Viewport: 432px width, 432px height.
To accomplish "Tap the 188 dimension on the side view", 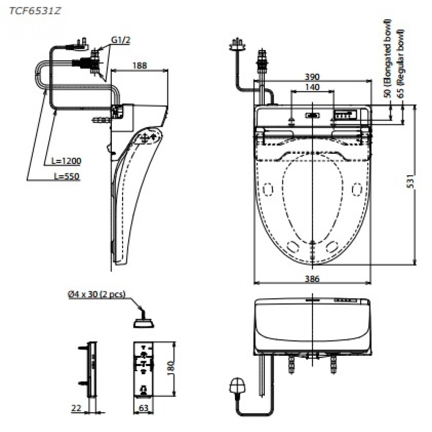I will [140, 66].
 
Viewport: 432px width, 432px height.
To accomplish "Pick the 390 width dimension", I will [311, 76].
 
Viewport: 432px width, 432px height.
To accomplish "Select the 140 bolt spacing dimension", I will [312, 87].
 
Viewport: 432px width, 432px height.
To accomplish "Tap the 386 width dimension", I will [311, 280].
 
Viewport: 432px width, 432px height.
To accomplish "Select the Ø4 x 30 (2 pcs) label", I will [96, 295].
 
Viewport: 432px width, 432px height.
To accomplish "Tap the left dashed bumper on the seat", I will [268, 189].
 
